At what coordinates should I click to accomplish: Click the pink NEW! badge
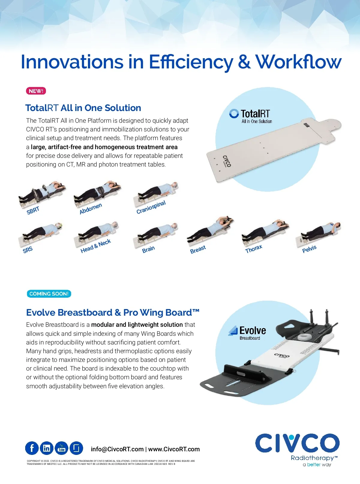(x=36, y=91)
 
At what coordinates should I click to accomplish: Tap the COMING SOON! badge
(x=49, y=294)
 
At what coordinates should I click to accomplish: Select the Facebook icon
(x=32, y=448)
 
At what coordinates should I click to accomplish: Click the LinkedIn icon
(x=47, y=448)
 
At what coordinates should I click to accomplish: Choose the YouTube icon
(x=61, y=448)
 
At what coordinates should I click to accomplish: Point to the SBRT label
(x=33, y=210)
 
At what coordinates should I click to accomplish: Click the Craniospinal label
(x=151, y=207)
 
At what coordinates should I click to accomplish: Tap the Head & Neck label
(x=96, y=246)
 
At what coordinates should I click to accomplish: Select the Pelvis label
(x=309, y=249)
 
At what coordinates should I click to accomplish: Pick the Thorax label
(x=253, y=248)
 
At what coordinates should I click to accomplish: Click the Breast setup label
(x=198, y=249)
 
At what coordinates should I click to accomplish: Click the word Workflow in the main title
(x=298, y=62)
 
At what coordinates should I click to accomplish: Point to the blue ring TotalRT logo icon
(x=234, y=113)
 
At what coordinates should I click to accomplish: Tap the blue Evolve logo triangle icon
(x=233, y=330)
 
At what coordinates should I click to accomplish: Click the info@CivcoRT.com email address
(x=117, y=449)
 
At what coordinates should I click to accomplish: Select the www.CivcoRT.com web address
(x=174, y=449)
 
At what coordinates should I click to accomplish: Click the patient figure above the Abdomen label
(x=97, y=193)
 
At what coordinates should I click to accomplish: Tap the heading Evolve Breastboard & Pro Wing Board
(x=112, y=312)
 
